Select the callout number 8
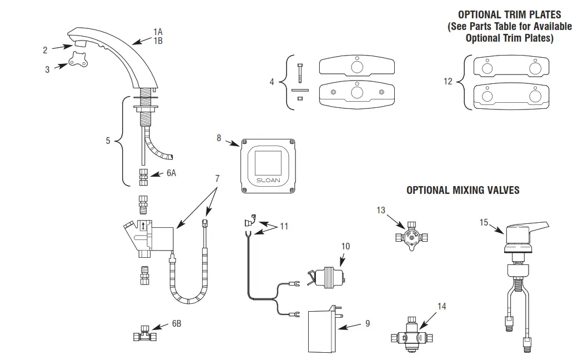click(x=219, y=137)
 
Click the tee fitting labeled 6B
click(x=144, y=336)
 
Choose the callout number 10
click(x=345, y=246)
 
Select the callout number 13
click(x=380, y=210)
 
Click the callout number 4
click(x=272, y=82)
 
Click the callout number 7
click(x=217, y=178)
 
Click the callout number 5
click(x=108, y=141)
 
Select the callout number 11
click(x=284, y=226)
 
